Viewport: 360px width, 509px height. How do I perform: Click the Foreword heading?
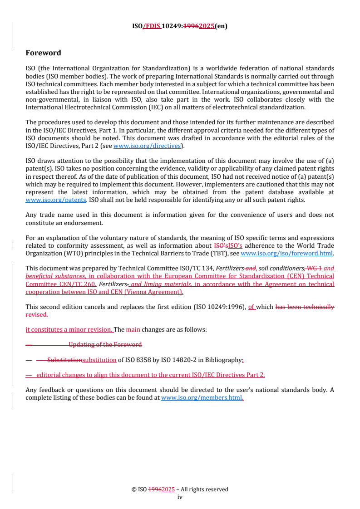(43, 53)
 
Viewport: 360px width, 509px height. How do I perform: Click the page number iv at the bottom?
(180, 497)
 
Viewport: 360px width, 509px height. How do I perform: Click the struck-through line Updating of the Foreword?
(104, 344)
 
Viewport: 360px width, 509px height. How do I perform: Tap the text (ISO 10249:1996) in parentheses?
(219, 307)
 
